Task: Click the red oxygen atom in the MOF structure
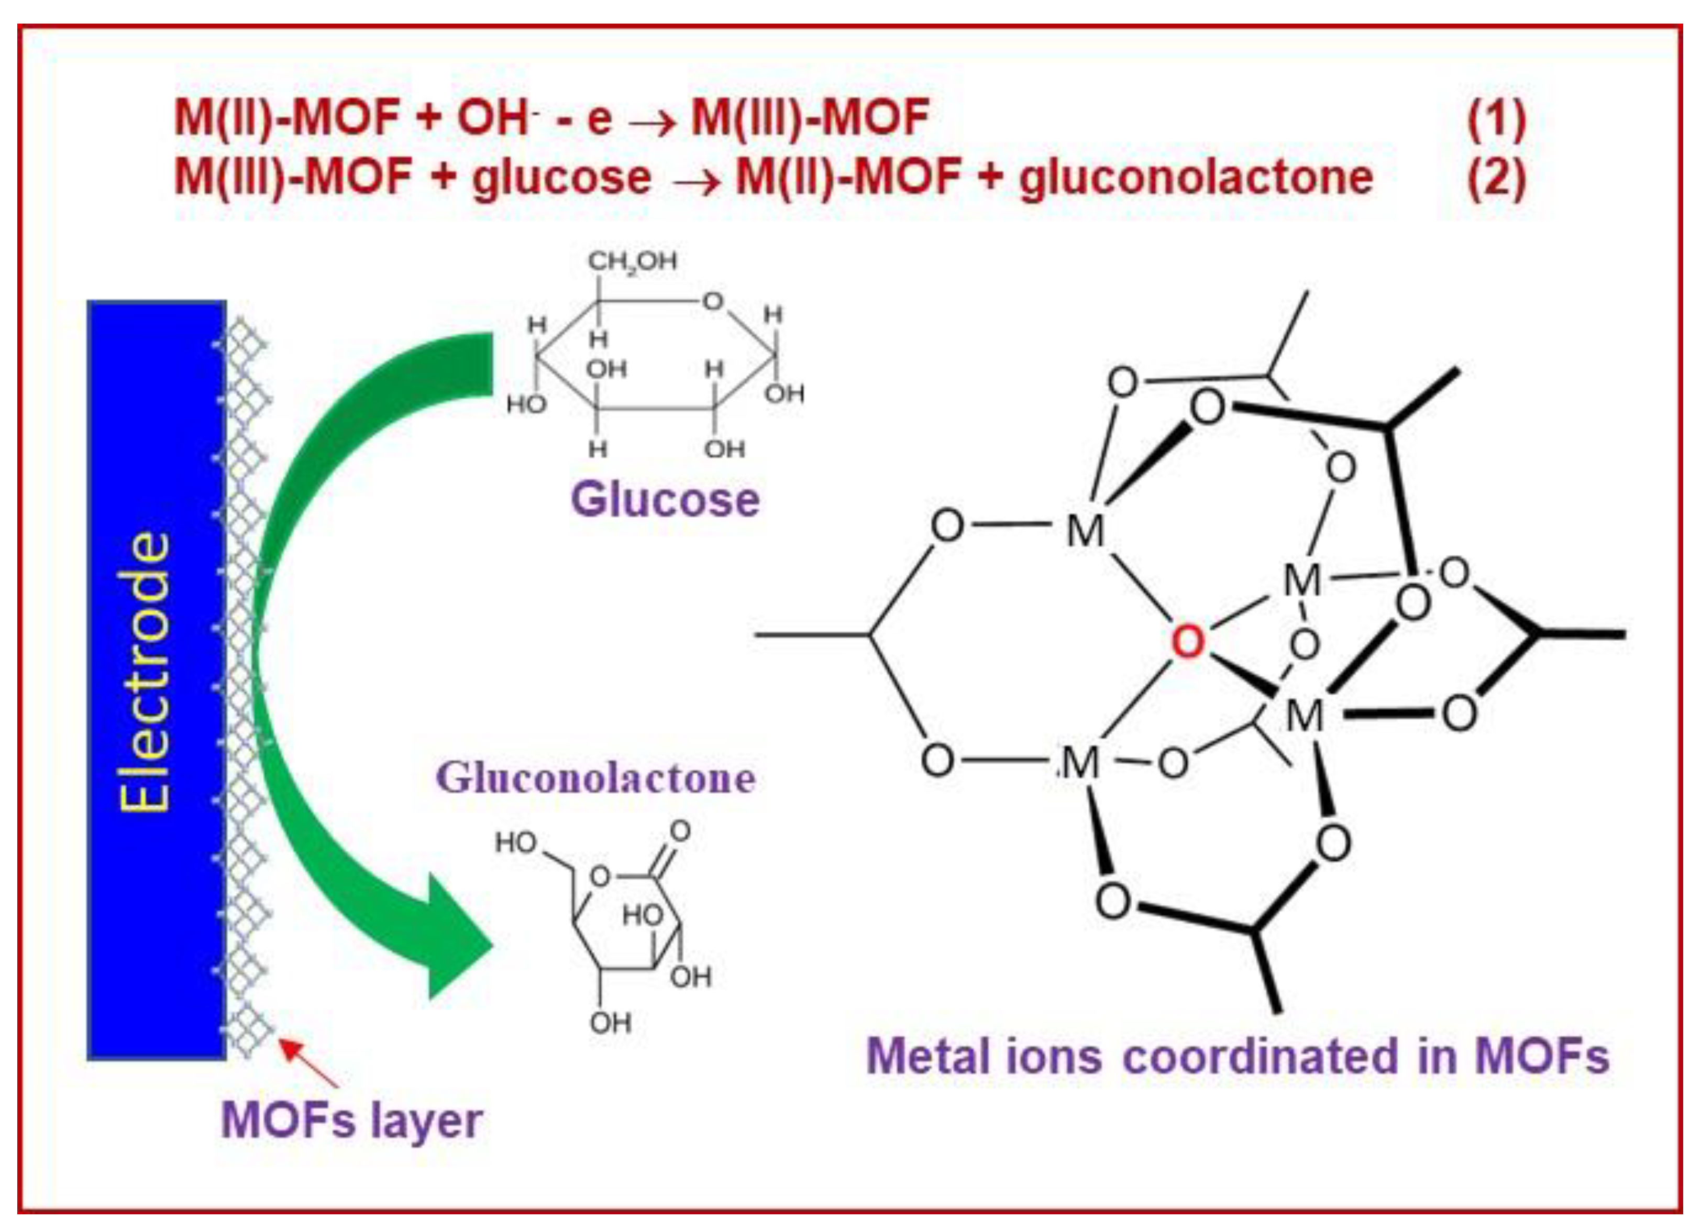(1187, 642)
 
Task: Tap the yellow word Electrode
(145, 672)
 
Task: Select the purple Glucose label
(665, 500)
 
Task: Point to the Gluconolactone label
(597, 778)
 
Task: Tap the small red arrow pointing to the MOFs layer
(308, 1062)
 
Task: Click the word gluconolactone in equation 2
(1196, 179)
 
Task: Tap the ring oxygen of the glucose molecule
(712, 302)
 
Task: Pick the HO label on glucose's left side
(526, 405)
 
